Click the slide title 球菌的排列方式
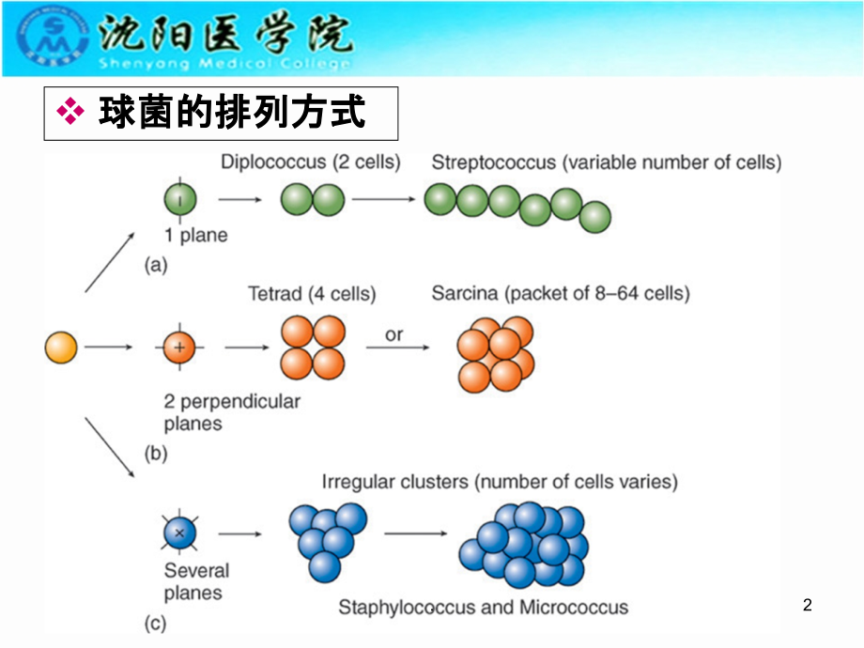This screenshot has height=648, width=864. click(x=231, y=114)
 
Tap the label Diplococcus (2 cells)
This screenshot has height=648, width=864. click(x=311, y=162)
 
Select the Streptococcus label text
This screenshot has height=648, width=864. click(x=606, y=162)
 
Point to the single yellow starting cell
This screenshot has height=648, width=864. click(x=61, y=348)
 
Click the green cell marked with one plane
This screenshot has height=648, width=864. click(x=180, y=199)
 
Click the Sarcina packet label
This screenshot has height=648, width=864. click(x=561, y=294)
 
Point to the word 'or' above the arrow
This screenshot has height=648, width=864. click(x=395, y=333)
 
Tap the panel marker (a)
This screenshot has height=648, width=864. click(x=155, y=266)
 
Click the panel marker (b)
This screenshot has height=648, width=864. click(x=155, y=454)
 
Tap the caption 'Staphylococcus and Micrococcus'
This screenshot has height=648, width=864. click(x=484, y=608)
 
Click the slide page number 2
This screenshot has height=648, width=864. click(x=808, y=606)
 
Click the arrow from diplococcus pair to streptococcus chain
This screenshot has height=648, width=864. click(x=383, y=199)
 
